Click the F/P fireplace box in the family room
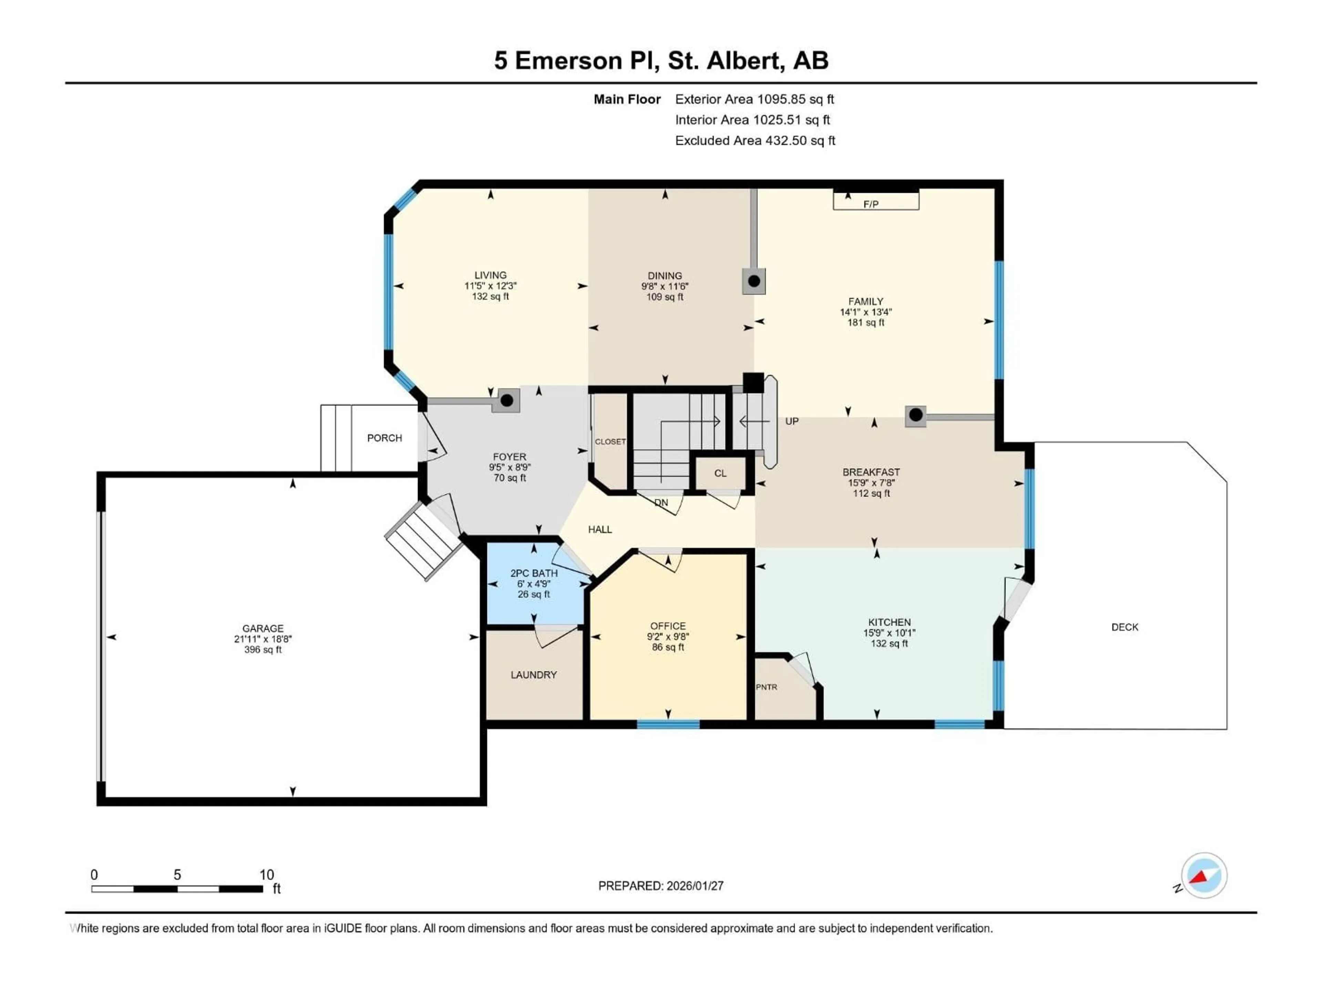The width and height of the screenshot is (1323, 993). (x=875, y=201)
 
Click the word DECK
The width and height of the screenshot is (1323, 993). (x=1125, y=627)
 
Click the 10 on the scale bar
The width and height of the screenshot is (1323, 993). (x=266, y=874)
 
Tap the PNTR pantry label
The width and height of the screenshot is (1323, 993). (x=766, y=687)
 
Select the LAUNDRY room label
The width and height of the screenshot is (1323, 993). (x=533, y=674)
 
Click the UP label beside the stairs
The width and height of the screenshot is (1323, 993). (x=791, y=421)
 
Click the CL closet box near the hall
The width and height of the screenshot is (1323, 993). (x=720, y=473)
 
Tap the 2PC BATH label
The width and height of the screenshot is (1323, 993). (x=533, y=573)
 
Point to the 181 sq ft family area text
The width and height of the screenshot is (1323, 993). (x=865, y=323)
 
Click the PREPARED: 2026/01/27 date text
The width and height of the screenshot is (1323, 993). (x=660, y=886)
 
